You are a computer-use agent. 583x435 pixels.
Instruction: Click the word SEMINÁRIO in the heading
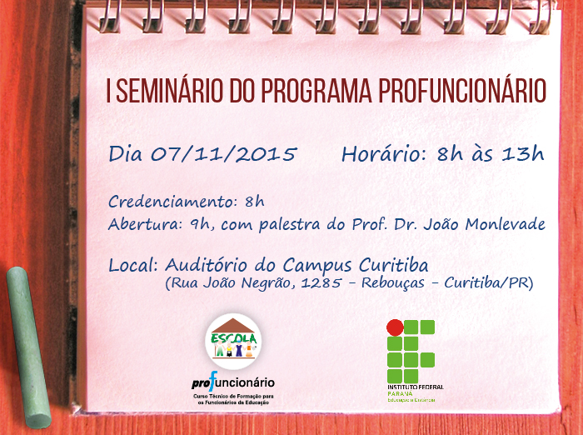pyautogui.click(x=169, y=91)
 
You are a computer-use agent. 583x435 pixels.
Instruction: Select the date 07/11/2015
pyautogui.click(x=224, y=153)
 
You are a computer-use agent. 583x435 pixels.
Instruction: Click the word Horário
pyautogui.click(x=384, y=153)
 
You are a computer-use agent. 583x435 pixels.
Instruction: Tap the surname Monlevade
pyautogui.click(x=505, y=224)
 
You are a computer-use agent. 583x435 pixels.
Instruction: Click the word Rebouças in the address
pyautogui.click(x=392, y=283)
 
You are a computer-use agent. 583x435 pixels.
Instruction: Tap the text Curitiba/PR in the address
pyautogui.click(x=486, y=283)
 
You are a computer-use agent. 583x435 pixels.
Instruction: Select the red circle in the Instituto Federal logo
pyautogui.click(x=395, y=327)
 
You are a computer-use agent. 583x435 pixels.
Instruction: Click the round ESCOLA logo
pyautogui.click(x=233, y=341)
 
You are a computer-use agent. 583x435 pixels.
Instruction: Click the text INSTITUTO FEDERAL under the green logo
pyautogui.click(x=416, y=387)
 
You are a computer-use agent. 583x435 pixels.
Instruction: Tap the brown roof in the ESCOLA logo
pyautogui.click(x=233, y=325)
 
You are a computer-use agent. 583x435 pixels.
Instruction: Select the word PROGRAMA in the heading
pyautogui.click(x=316, y=91)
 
